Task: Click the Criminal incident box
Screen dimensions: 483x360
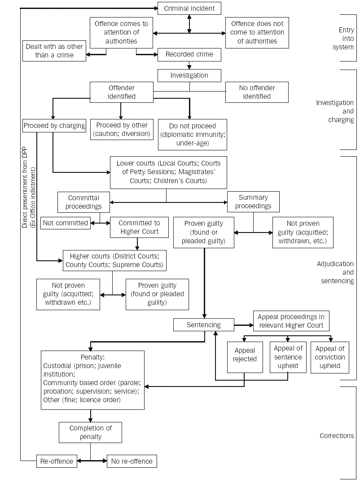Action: (x=189, y=8)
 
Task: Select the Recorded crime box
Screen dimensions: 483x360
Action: (x=189, y=54)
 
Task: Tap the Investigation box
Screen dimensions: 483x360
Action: (x=189, y=75)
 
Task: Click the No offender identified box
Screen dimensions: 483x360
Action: (x=256, y=92)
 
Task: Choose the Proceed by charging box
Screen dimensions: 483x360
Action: (x=54, y=126)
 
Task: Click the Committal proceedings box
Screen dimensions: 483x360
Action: (x=83, y=202)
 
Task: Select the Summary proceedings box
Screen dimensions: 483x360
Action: (x=253, y=202)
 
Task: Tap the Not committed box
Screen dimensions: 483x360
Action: (x=66, y=223)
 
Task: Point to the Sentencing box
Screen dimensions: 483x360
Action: (x=204, y=325)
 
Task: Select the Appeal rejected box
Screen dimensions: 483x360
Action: (x=245, y=357)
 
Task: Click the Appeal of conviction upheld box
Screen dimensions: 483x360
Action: (x=329, y=357)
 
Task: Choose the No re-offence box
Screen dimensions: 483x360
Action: (x=132, y=461)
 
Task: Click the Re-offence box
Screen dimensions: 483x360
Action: (x=57, y=461)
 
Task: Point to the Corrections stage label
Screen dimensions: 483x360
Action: (x=336, y=435)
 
